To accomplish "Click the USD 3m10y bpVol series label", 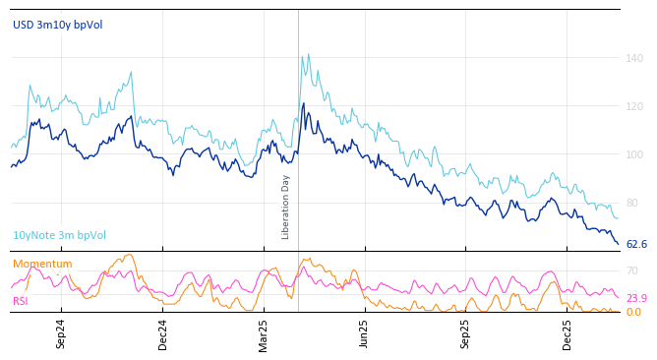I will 57,25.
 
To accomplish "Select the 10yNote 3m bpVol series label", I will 59,235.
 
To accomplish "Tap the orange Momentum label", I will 42,264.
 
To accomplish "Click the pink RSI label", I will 21,301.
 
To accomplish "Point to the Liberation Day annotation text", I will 286,207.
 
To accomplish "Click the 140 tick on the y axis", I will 634,58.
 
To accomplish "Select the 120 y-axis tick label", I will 634,106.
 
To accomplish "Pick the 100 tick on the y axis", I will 634,154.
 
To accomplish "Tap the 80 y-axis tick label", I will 632,203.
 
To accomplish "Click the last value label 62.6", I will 636,244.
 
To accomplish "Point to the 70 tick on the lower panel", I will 631,270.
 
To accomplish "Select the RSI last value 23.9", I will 636,298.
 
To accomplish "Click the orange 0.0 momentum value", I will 633,312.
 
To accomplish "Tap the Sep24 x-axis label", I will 61,333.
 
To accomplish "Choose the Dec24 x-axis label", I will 162,333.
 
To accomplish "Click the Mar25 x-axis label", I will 263,333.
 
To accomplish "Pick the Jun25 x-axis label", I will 364,333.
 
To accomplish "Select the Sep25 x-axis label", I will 465,333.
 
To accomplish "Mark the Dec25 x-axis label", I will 567,333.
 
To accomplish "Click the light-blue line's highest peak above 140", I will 308,55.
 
